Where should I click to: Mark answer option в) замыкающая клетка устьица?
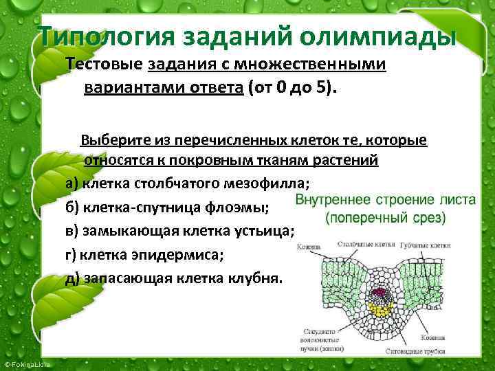coord(180,231)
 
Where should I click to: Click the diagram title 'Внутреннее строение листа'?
coord(385,200)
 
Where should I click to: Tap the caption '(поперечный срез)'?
coord(385,218)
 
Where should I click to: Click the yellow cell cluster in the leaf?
coord(377,310)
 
